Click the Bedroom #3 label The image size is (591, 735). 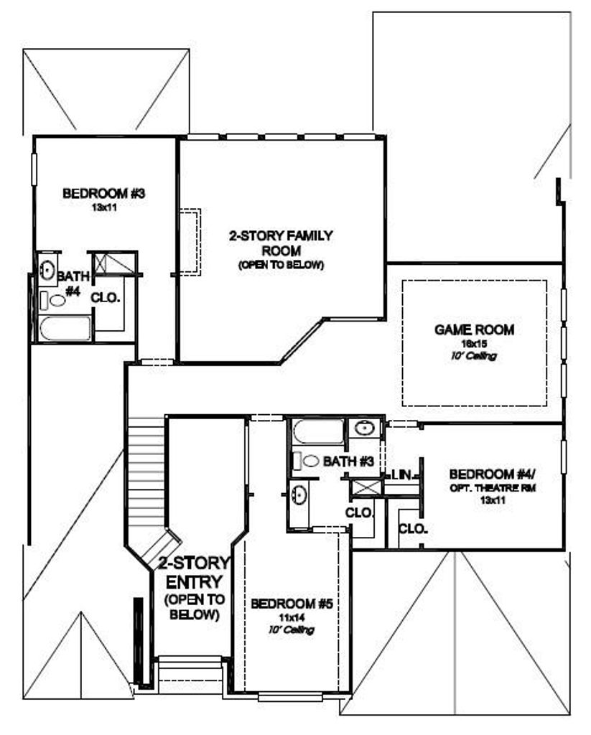(103, 193)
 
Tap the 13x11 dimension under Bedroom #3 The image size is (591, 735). (104, 207)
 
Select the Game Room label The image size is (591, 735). (474, 330)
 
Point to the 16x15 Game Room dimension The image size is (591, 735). (474, 344)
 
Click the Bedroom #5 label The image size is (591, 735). (292, 604)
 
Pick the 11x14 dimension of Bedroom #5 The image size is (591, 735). (292, 617)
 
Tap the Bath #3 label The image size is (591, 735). (348, 462)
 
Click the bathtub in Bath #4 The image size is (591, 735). (65, 328)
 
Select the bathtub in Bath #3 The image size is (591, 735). (318, 431)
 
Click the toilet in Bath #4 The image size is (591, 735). (52, 301)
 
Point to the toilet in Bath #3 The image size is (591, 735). (305, 461)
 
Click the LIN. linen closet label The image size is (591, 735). (401, 475)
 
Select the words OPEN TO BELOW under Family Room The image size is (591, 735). (281, 265)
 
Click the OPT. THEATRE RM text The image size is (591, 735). (493, 488)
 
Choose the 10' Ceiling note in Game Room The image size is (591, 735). (474, 356)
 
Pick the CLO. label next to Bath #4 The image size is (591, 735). (106, 297)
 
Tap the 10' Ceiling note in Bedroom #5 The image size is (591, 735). (292, 630)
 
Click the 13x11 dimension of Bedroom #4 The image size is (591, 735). (493, 500)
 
